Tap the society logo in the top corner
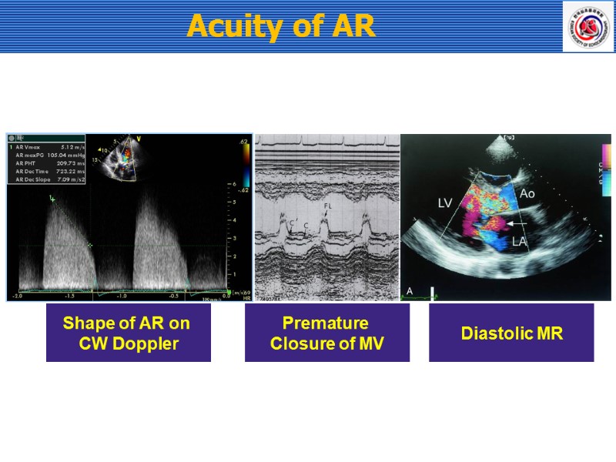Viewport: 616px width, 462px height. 588,27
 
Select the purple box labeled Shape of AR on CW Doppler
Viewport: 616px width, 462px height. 128,333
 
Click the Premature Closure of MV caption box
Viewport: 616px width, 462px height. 326,333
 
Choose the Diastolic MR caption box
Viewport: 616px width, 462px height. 511,333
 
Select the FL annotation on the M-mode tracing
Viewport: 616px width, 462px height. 327,207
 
